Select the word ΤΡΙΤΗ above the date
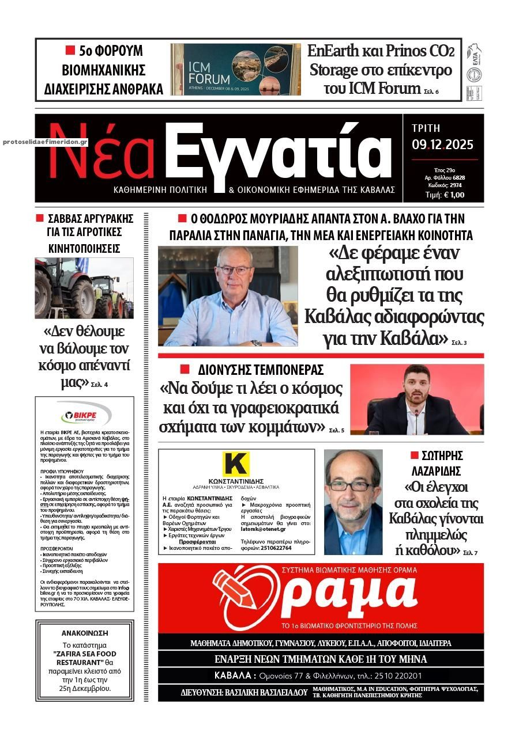point(426,128)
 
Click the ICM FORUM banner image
point(235,69)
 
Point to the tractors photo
point(84,288)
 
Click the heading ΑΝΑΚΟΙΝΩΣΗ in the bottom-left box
point(85,633)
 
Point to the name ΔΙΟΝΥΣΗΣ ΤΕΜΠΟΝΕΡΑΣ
point(261,370)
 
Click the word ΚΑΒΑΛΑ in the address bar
point(235,675)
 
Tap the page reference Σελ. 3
point(459,343)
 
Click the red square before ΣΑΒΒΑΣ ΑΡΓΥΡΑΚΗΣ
point(40,218)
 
